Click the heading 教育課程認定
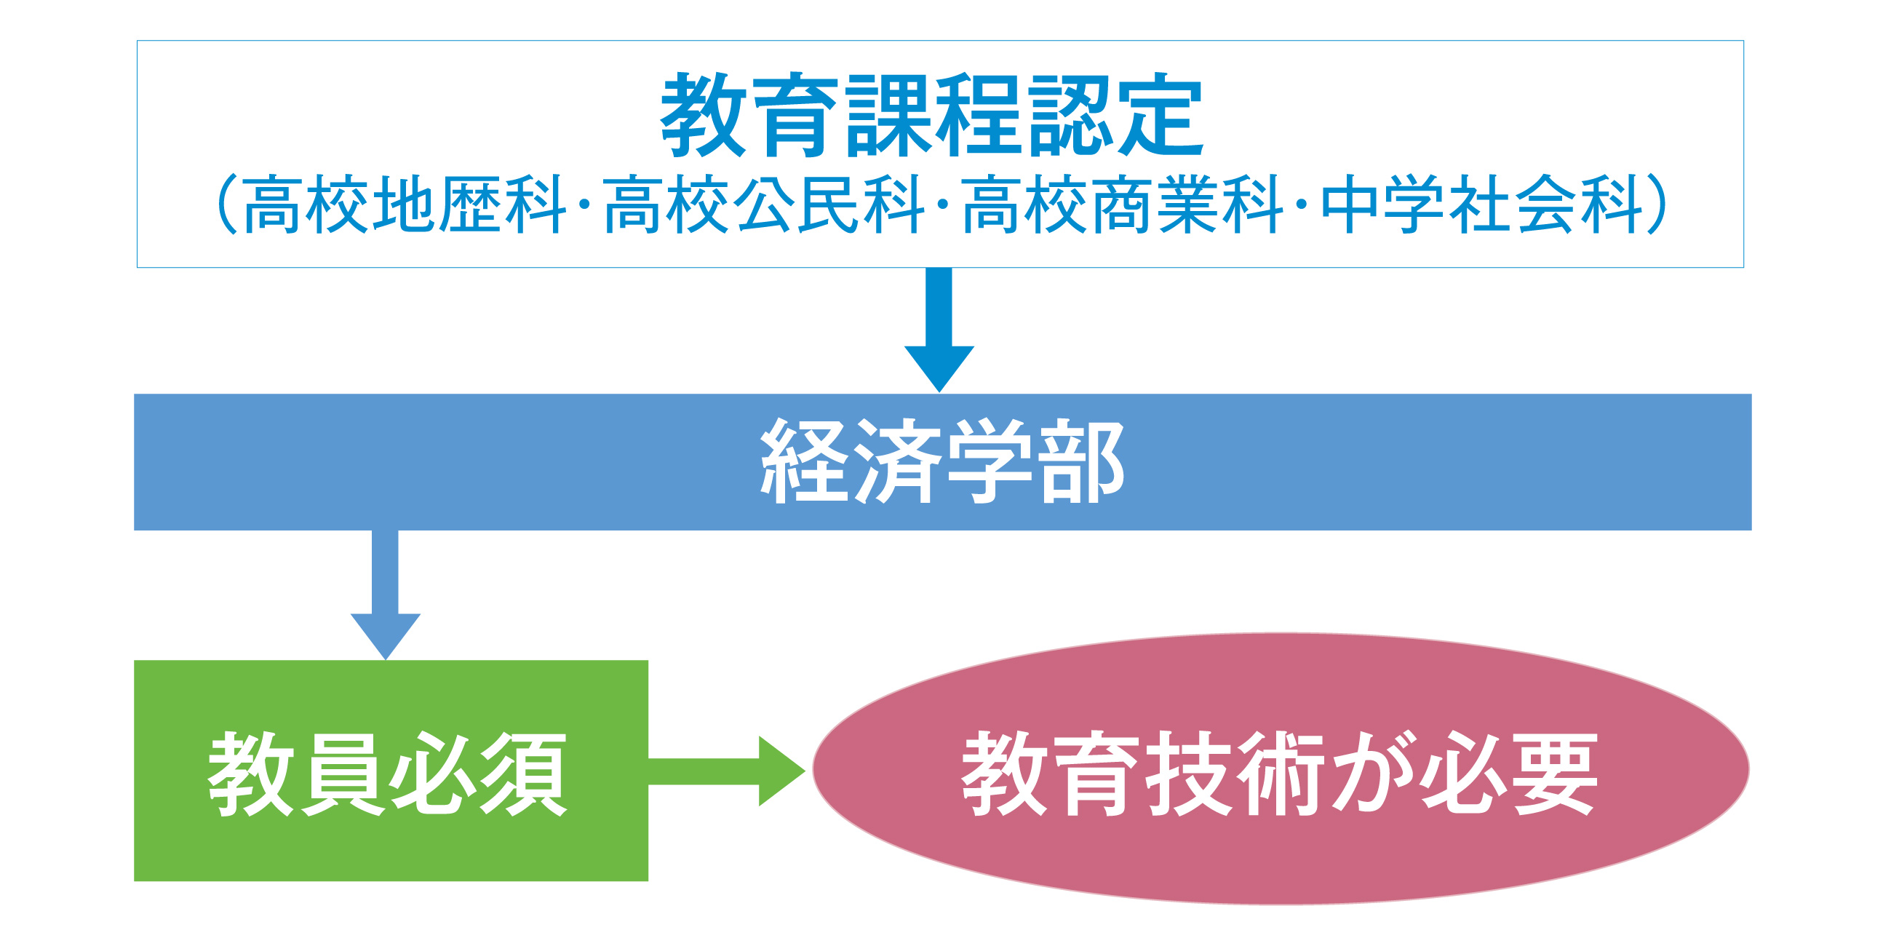pyautogui.click(x=932, y=115)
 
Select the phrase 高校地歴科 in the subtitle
pyautogui.click(x=405, y=204)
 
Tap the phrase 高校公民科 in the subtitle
pyautogui.click(x=764, y=204)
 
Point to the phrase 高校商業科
pyautogui.click(x=1123, y=204)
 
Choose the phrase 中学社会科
pyautogui.click(x=1482, y=204)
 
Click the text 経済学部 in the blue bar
pyautogui.click(x=942, y=461)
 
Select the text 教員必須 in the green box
pyautogui.click(x=387, y=774)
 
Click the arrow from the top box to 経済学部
pyautogui.click(x=939, y=330)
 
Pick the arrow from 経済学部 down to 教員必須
pyautogui.click(x=385, y=595)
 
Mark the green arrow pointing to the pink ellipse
pyautogui.click(x=727, y=771)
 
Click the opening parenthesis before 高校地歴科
pyautogui.click(x=228, y=204)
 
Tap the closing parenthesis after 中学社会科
pyautogui.click(x=1657, y=204)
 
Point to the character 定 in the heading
pyautogui.click(x=1161, y=115)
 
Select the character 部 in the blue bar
pyautogui.click(x=1080, y=461)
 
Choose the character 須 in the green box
pyautogui.click(x=523, y=774)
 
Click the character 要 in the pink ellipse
pyautogui.click(x=1556, y=774)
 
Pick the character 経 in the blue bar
pyautogui.click(x=804, y=461)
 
